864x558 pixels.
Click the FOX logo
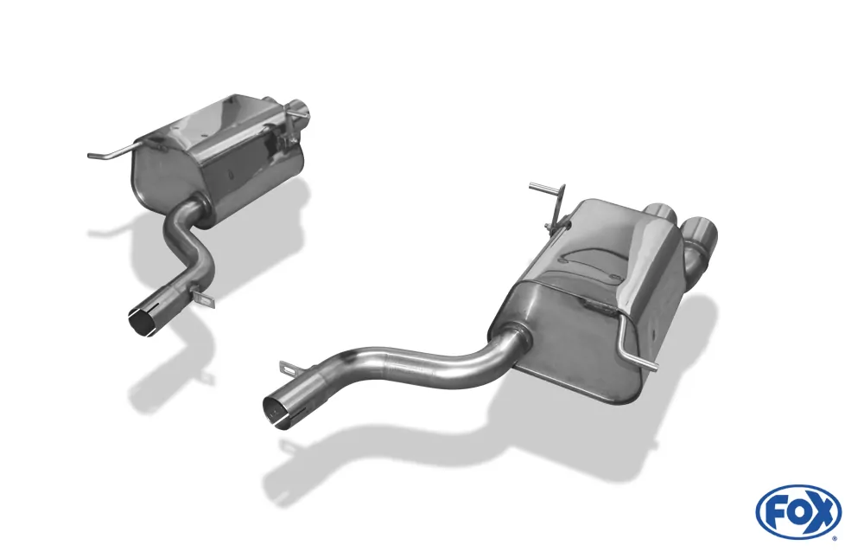pyautogui.click(x=797, y=512)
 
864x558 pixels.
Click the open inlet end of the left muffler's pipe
pyautogui.click(x=142, y=320)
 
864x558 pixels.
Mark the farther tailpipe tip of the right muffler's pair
pyautogui.click(x=662, y=213)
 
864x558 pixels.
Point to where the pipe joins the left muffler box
pyautogui.click(x=198, y=207)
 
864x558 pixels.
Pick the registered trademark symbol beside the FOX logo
pyautogui.click(x=835, y=538)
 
